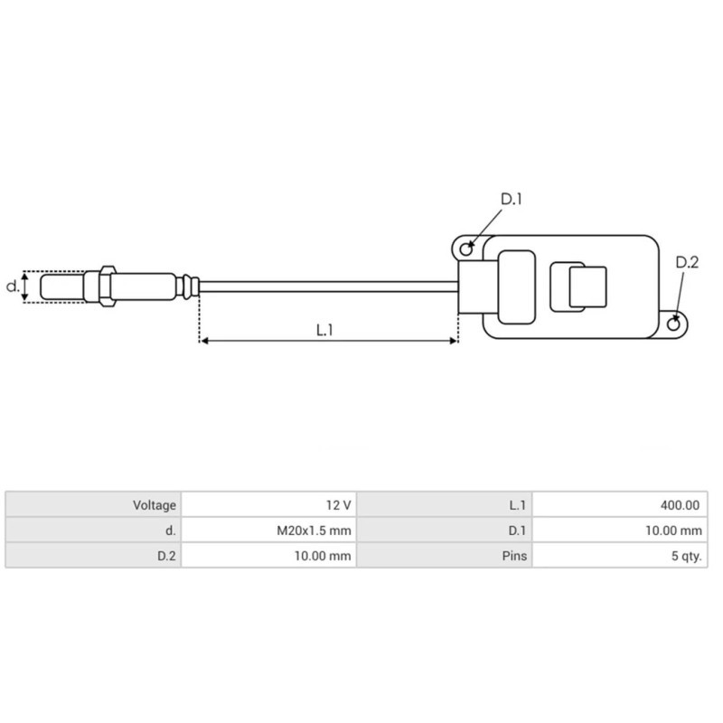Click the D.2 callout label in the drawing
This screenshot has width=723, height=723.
click(687, 263)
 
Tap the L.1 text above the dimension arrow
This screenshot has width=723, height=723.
click(325, 330)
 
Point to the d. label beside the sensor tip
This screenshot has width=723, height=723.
click(12, 286)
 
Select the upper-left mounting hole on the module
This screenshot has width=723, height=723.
click(466, 247)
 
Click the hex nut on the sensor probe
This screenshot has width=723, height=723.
click(107, 286)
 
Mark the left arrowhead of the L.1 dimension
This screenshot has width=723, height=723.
click(204, 341)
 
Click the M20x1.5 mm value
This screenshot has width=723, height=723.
click(313, 531)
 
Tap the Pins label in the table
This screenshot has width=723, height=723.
click(513, 556)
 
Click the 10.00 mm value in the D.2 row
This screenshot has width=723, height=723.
click(324, 556)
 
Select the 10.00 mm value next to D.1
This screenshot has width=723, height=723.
click(673, 531)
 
